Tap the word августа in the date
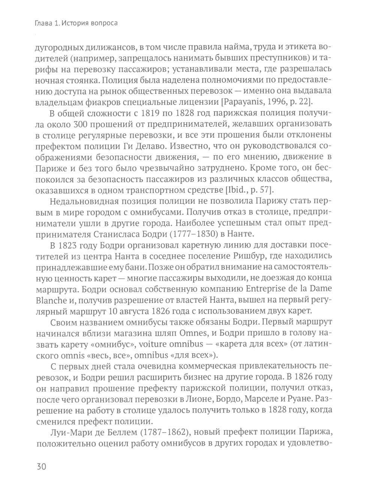click(135, 310)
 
